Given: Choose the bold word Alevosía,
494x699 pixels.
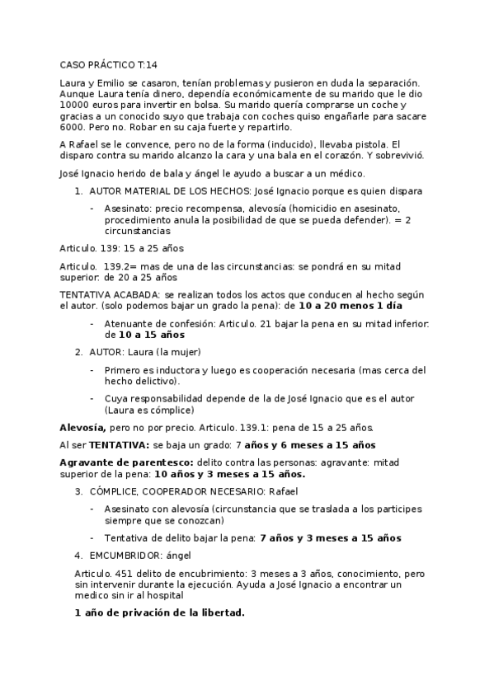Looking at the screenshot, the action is [82, 428].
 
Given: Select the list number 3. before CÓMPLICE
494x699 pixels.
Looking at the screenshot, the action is [78, 491].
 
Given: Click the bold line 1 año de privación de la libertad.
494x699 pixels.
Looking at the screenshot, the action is [159, 613].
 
